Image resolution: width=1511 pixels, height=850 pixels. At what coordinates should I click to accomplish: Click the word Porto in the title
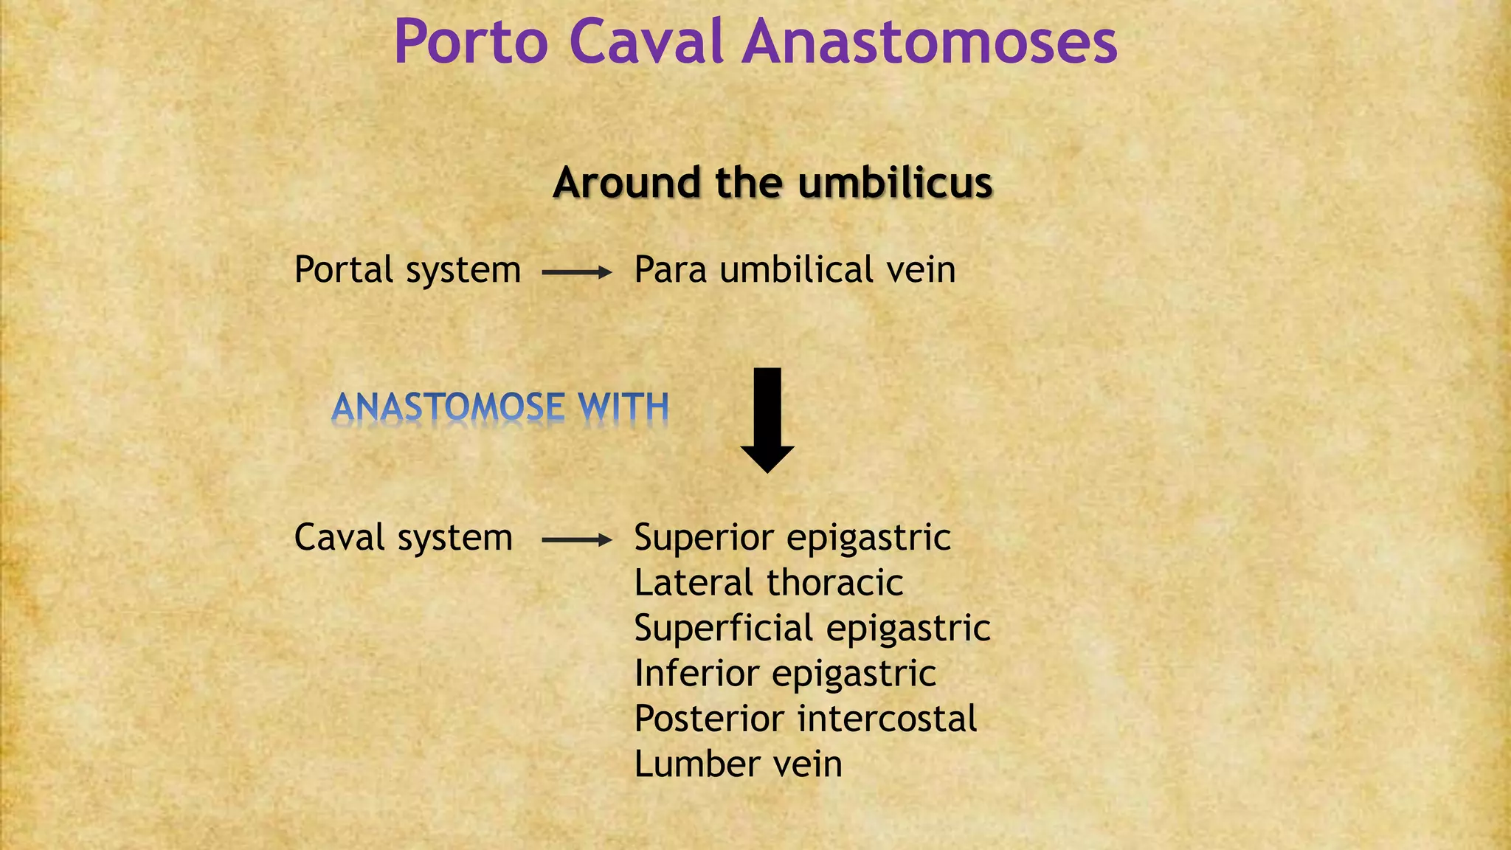[471, 43]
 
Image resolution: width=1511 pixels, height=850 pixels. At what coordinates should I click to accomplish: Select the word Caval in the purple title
[646, 43]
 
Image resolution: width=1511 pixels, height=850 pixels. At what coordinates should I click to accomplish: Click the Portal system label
[407, 270]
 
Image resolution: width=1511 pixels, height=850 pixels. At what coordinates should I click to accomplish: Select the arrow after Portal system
[576, 272]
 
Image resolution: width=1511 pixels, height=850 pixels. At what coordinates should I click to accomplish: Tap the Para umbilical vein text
[795, 270]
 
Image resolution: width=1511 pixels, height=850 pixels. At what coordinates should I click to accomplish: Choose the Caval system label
[403, 538]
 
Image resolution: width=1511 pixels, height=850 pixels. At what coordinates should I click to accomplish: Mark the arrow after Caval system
[576, 540]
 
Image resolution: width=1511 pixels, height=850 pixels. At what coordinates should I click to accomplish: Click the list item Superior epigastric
[792, 538]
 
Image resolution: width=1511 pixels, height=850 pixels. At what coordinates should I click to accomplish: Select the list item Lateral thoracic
[768, 583]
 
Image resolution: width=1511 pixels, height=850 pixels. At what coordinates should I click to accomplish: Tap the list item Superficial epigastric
[812, 629]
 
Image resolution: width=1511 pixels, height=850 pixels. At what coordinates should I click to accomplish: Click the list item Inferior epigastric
[785, 674]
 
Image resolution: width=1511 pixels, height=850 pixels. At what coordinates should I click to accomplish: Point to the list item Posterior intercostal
[805, 719]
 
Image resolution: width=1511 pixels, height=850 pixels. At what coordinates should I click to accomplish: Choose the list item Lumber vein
[738, 764]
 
